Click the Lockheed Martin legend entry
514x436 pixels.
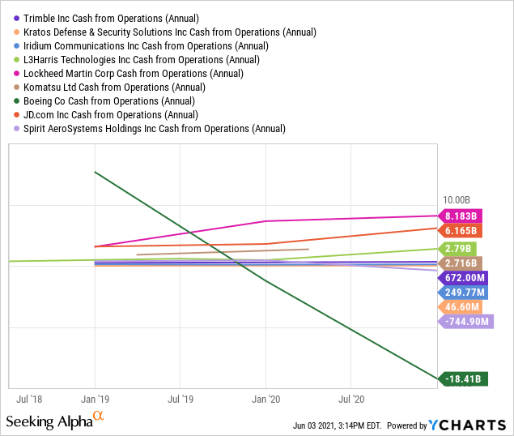tap(134, 73)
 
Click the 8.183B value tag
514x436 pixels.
tap(461, 216)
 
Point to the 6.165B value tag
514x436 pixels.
tap(461, 231)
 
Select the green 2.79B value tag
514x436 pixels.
tap(458, 248)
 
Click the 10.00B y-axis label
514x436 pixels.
tap(457, 200)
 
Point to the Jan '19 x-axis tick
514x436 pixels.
tap(95, 399)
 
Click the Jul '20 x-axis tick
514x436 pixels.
tap(350, 399)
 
